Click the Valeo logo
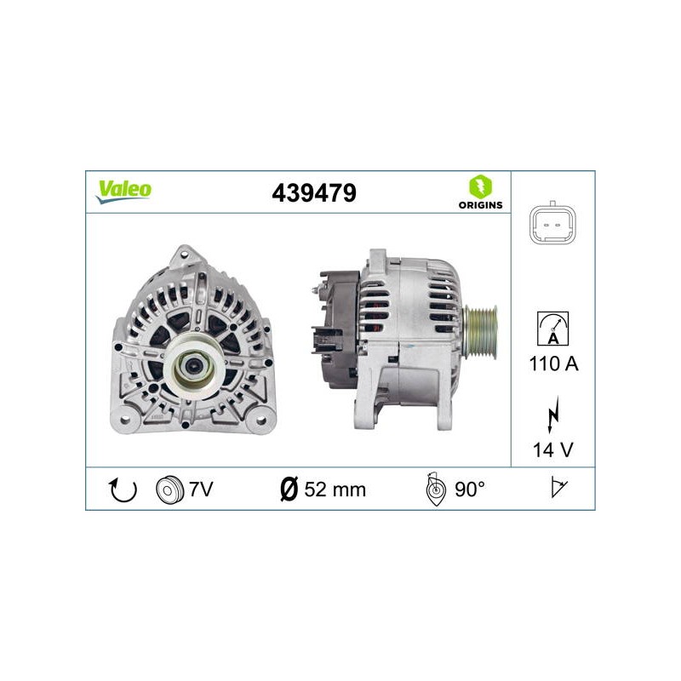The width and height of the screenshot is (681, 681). (x=123, y=192)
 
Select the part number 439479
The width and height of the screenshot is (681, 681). (x=314, y=193)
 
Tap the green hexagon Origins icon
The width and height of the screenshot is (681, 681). (x=480, y=186)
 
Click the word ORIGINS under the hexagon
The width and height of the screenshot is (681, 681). (x=480, y=205)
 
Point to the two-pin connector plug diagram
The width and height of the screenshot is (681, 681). (x=552, y=225)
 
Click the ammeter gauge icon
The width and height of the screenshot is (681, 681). (x=552, y=329)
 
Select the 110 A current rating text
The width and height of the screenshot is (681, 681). (x=554, y=363)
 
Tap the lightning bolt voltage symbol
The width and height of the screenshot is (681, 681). (x=552, y=415)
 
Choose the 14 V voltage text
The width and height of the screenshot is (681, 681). (x=552, y=449)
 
